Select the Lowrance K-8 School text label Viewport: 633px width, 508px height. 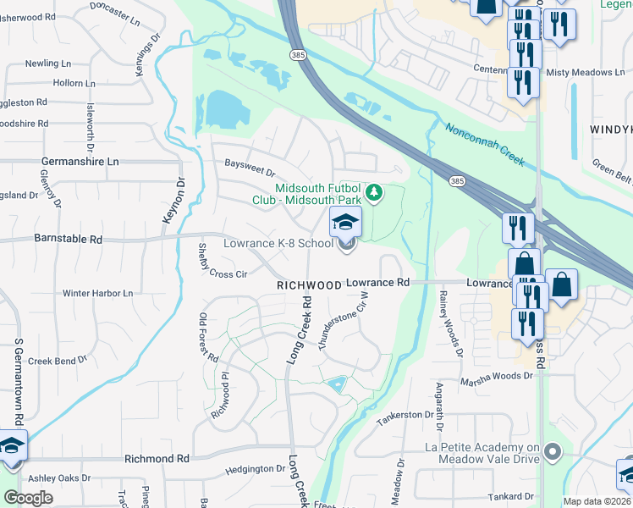[x=278, y=243]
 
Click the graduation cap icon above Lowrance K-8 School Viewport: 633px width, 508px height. [x=345, y=223]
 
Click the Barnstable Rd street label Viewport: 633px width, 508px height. [x=69, y=240]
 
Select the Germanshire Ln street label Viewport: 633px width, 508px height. [x=80, y=161]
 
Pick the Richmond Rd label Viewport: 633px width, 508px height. [x=157, y=458]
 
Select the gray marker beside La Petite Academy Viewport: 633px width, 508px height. [x=553, y=451]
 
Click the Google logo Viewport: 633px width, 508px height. [x=28, y=498]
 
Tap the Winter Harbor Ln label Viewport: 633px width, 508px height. [x=97, y=293]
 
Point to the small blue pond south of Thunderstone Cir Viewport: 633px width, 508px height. [x=339, y=384]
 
